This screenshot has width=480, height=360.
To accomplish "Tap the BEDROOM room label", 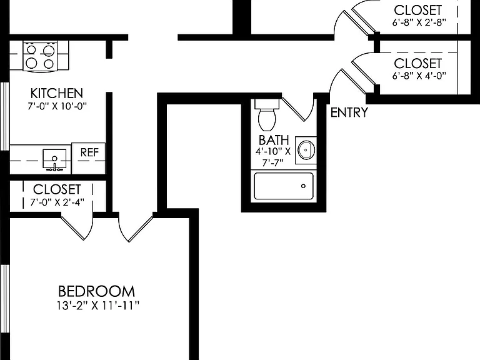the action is [x=96, y=291].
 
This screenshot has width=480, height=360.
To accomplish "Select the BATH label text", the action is [x=274, y=140].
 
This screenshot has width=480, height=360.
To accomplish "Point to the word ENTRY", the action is [x=349, y=112].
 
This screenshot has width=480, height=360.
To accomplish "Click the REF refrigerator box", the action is [x=89, y=158].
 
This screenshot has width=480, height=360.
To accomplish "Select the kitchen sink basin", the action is [x=54, y=159].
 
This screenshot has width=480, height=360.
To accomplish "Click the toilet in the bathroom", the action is [x=267, y=115].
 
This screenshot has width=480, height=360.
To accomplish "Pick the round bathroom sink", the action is [x=306, y=150].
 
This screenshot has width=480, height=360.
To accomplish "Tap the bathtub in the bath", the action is [x=284, y=186].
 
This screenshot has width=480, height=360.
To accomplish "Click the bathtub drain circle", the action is [x=303, y=186].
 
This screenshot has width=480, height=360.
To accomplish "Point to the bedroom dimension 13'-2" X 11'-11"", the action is [x=98, y=305].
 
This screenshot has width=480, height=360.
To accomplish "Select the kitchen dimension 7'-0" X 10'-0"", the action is [x=57, y=106].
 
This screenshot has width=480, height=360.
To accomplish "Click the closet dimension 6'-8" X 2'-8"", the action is [x=419, y=22].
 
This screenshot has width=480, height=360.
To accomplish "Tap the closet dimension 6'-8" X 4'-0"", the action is [x=419, y=75].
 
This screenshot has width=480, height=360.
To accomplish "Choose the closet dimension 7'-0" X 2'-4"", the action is [x=57, y=202].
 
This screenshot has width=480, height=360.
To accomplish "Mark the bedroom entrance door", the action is [x=136, y=228].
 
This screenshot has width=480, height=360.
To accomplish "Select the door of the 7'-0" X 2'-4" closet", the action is [x=77, y=226].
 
